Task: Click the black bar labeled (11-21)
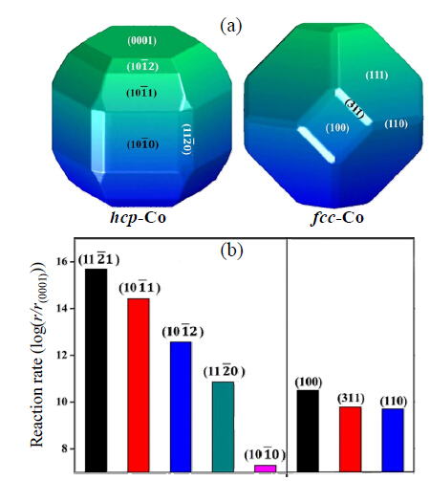point(97,370)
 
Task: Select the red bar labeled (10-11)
point(139,385)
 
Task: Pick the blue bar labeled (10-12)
point(181,406)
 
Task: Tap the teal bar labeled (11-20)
point(223,426)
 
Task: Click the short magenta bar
point(266,469)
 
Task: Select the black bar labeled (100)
point(308,430)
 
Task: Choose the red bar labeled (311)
point(350,439)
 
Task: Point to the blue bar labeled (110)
point(393,440)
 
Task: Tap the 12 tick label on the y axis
point(62,355)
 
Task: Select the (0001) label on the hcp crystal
point(141,41)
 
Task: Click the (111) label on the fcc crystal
point(376,76)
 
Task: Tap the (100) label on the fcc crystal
point(337,128)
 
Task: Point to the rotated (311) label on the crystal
point(355,109)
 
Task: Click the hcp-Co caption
point(138,218)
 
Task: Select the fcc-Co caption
point(336,218)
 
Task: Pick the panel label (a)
point(231,26)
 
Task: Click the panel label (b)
point(231,251)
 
